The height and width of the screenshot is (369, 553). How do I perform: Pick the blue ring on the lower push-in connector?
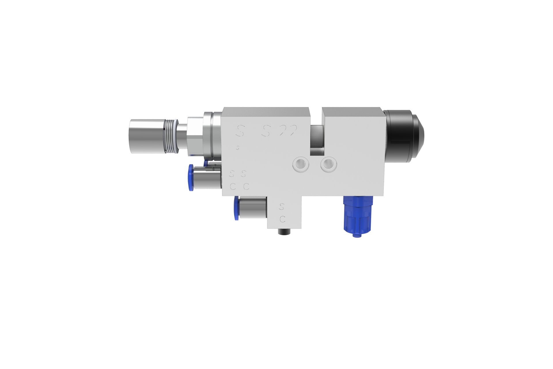(236, 209)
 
